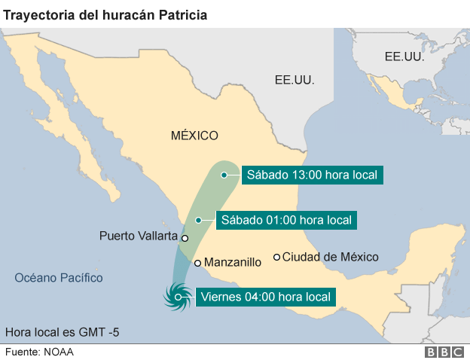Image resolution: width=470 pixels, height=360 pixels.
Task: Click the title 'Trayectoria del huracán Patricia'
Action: coord(106,14)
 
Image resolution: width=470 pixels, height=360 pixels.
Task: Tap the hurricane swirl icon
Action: coord(178,297)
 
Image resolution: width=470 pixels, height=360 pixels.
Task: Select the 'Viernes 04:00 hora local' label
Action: coord(264,297)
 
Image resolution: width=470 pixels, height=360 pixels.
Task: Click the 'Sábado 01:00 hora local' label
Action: coord(285,220)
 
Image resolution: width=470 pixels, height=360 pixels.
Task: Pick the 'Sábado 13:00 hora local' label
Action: coord(312,175)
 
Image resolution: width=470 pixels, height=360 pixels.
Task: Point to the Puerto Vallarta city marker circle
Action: coord(185,237)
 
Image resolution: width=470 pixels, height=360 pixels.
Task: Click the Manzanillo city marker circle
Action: coord(197,263)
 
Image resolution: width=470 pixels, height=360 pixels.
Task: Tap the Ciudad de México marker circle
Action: coord(276,257)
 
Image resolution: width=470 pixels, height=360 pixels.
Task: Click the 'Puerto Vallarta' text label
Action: coord(138,236)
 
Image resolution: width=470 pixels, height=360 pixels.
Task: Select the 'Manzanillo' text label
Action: coord(233,263)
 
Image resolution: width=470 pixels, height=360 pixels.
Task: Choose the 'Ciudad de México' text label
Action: coord(330,257)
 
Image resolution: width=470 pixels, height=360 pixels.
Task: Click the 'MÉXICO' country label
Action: coord(194,136)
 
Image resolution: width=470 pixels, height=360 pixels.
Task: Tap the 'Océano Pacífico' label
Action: coord(59,278)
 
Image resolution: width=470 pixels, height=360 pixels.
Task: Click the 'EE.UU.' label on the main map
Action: coord(295,80)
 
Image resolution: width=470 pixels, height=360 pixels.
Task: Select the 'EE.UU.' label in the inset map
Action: coord(404,56)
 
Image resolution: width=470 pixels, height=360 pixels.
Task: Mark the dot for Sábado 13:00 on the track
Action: coord(224,175)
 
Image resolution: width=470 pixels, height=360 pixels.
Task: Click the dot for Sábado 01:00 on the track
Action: coord(198,220)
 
